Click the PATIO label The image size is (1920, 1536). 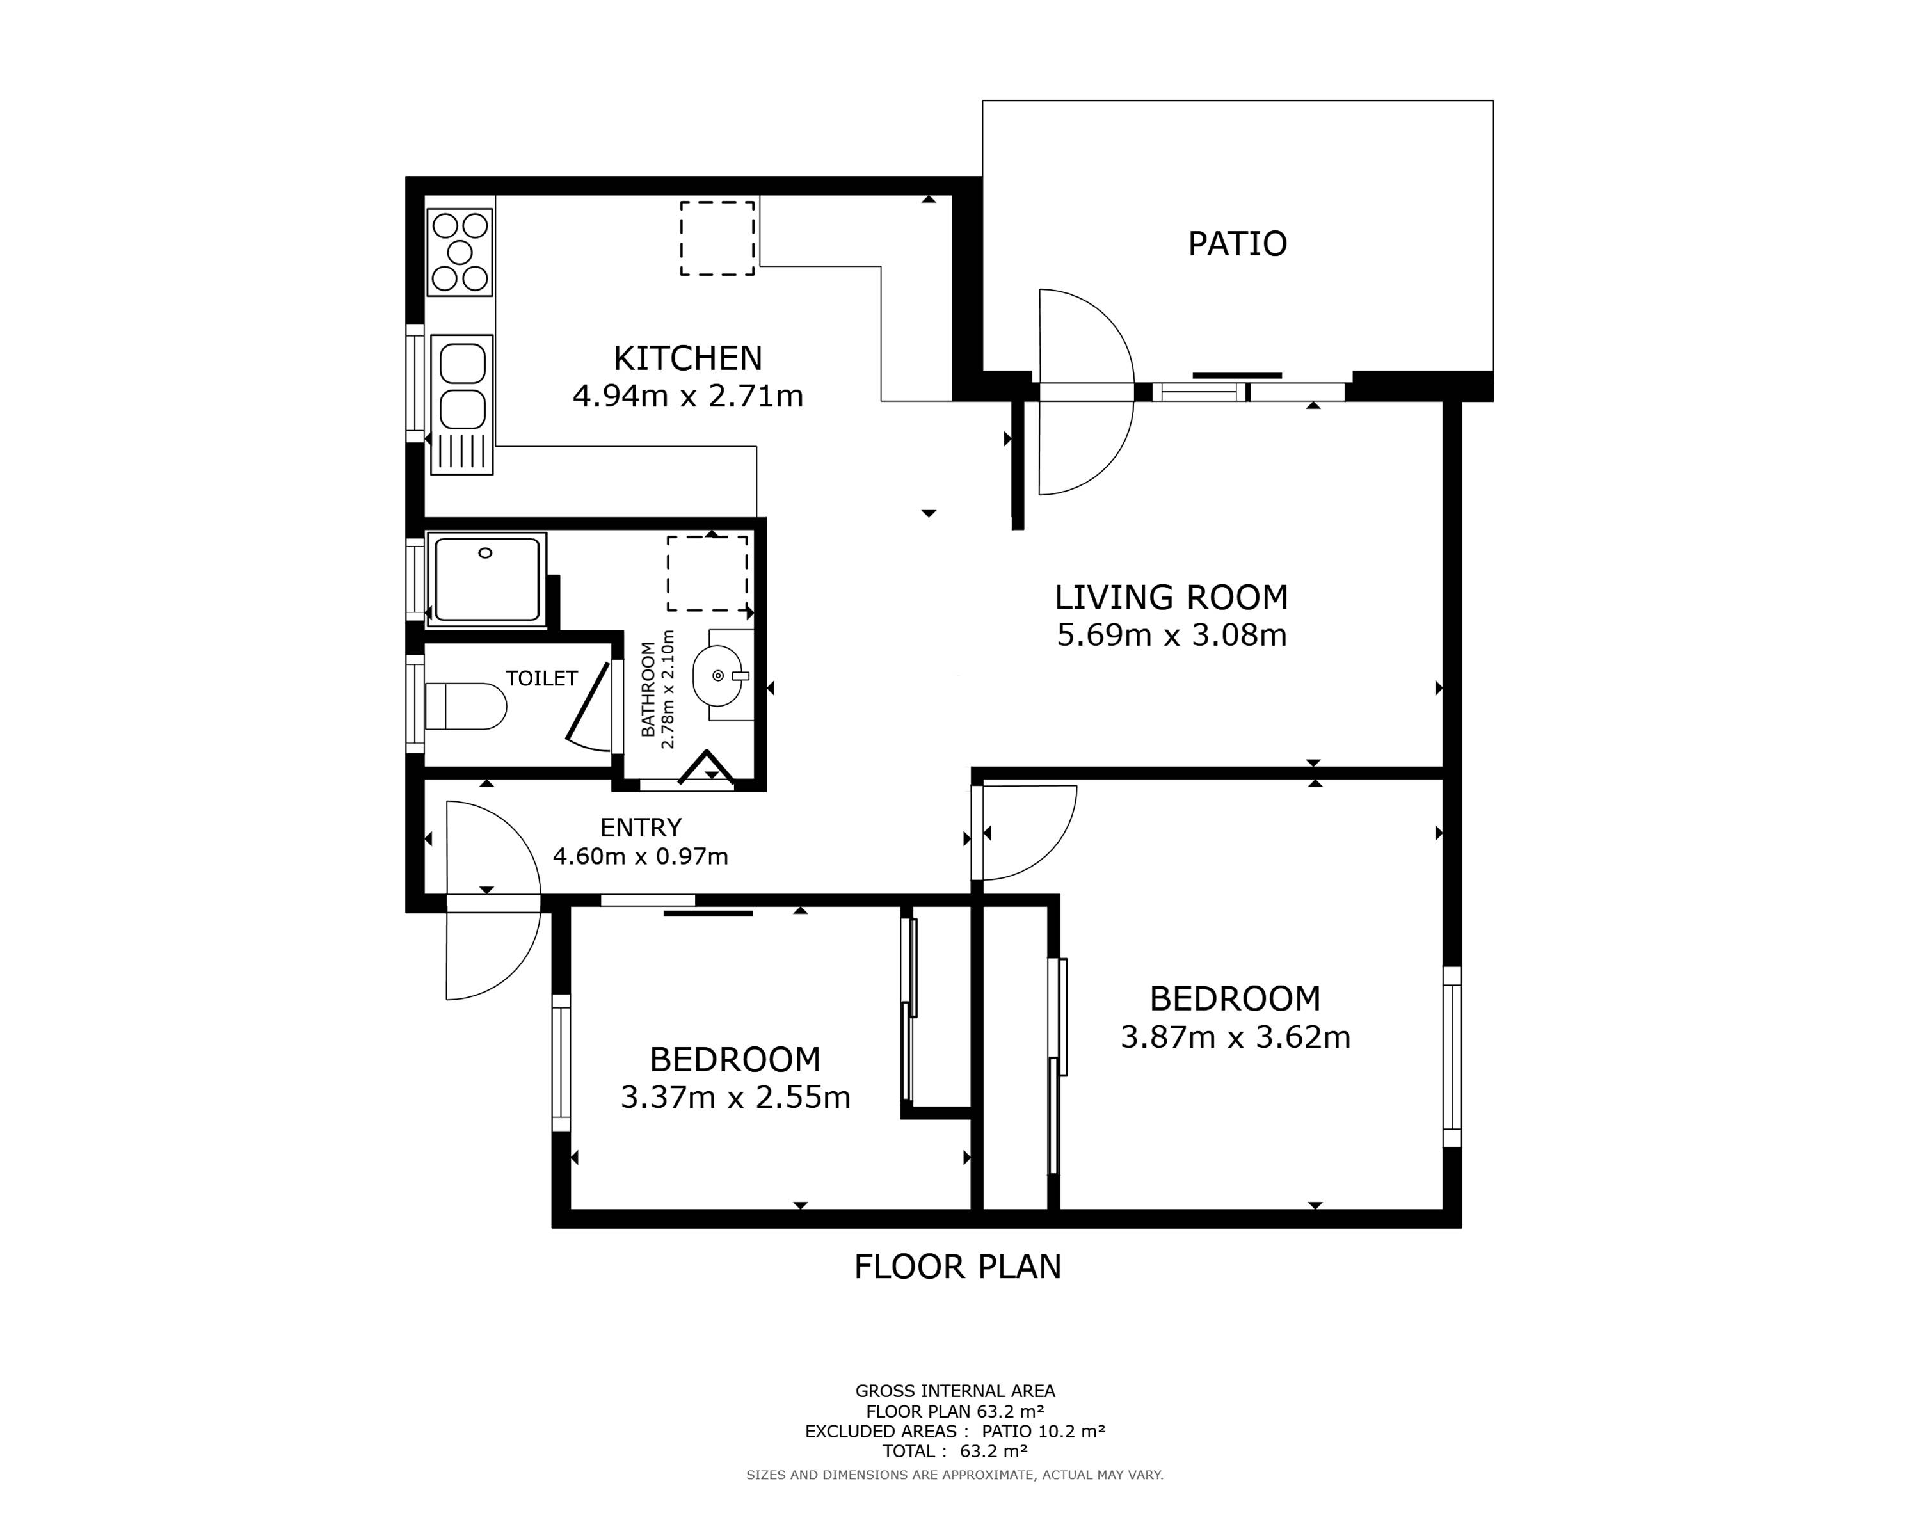(x=1237, y=244)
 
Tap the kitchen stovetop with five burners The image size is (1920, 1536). (x=460, y=252)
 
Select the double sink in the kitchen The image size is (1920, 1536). (x=461, y=404)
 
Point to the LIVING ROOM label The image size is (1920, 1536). (x=1171, y=598)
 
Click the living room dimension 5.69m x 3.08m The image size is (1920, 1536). (x=1171, y=636)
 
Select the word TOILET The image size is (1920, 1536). (x=541, y=678)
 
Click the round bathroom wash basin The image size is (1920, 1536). (x=718, y=676)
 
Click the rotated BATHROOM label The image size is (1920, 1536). (x=648, y=689)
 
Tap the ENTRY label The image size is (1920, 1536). (x=640, y=828)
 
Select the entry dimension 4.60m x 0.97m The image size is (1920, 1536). (x=640, y=856)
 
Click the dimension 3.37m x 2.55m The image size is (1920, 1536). (x=735, y=1098)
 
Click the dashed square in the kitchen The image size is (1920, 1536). (x=717, y=237)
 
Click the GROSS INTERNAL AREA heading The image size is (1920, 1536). (x=955, y=1391)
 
